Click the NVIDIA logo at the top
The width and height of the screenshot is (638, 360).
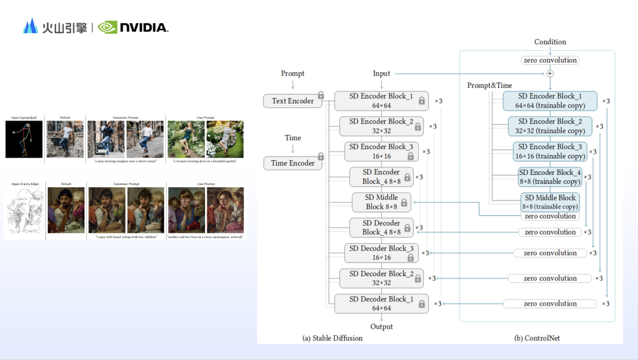tap(133, 27)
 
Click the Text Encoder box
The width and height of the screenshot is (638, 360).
tap(293, 101)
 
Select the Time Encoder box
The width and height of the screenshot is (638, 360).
tap(293, 163)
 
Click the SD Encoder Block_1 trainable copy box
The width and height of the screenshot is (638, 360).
tap(550, 100)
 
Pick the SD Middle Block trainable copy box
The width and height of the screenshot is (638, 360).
tap(550, 202)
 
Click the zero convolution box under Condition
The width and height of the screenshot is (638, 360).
tap(550, 60)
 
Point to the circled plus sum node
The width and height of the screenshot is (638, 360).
tap(550, 74)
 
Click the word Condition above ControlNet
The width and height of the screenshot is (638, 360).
tap(550, 42)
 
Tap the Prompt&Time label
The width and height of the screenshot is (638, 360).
tap(490, 86)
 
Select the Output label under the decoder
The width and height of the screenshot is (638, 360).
tap(382, 326)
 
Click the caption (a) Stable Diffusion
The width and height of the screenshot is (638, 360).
tap(333, 338)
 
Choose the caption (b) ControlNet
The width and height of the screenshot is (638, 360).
tap(538, 338)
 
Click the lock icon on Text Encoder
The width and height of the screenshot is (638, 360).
tap(321, 96)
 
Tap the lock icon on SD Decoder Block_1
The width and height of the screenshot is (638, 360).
tap(422, 304)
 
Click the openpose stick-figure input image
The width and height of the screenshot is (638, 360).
tap(24, 139)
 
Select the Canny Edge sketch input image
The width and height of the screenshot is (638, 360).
tap(24, 209)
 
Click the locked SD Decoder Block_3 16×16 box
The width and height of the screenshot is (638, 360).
tap(382, 253)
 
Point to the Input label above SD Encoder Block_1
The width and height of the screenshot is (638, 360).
tap(382, 73)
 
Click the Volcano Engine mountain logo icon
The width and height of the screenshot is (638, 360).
tap(30, 26)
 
